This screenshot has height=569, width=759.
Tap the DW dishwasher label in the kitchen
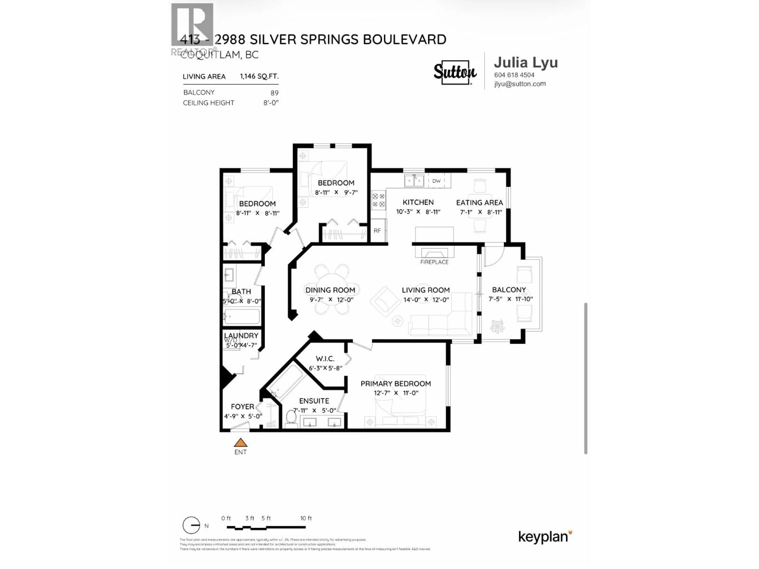436,181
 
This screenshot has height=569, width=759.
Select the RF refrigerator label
377,231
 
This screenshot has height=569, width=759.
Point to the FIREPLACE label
434,262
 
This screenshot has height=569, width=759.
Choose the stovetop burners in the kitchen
379,200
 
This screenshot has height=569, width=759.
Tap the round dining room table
332,289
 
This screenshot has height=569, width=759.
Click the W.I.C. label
325,359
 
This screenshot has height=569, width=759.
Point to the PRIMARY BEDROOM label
396,383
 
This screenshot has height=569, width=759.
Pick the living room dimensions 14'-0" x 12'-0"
426,300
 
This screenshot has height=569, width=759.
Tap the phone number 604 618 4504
514,75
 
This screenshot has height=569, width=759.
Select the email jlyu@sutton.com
520,84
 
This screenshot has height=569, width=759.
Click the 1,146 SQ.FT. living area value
259,76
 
